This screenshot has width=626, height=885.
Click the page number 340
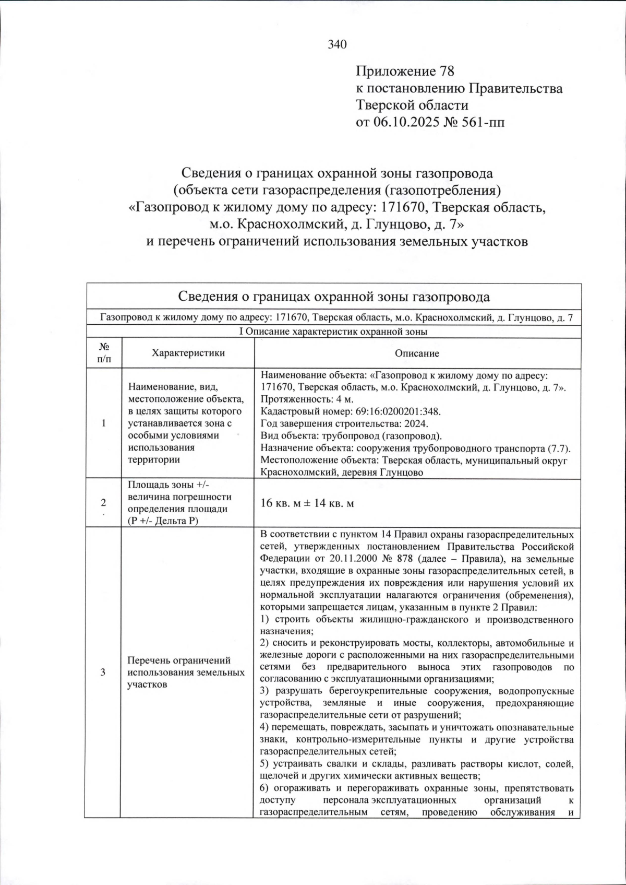click(337, 45)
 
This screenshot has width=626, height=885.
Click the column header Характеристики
click(188, 353)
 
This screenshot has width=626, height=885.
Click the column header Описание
click(417, 353)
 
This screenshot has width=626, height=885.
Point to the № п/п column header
click(103, 353)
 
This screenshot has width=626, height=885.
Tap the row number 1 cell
click(103, 423)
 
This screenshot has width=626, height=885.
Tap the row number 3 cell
click(103, 672)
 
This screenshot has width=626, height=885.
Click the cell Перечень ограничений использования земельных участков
click(186, 672)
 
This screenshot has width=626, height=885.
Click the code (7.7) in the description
click(559, 448)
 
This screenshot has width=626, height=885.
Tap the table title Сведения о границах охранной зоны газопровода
click(334, 297)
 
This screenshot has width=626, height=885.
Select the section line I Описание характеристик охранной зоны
click(334, 332)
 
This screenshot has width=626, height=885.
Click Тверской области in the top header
click(412, 105)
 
